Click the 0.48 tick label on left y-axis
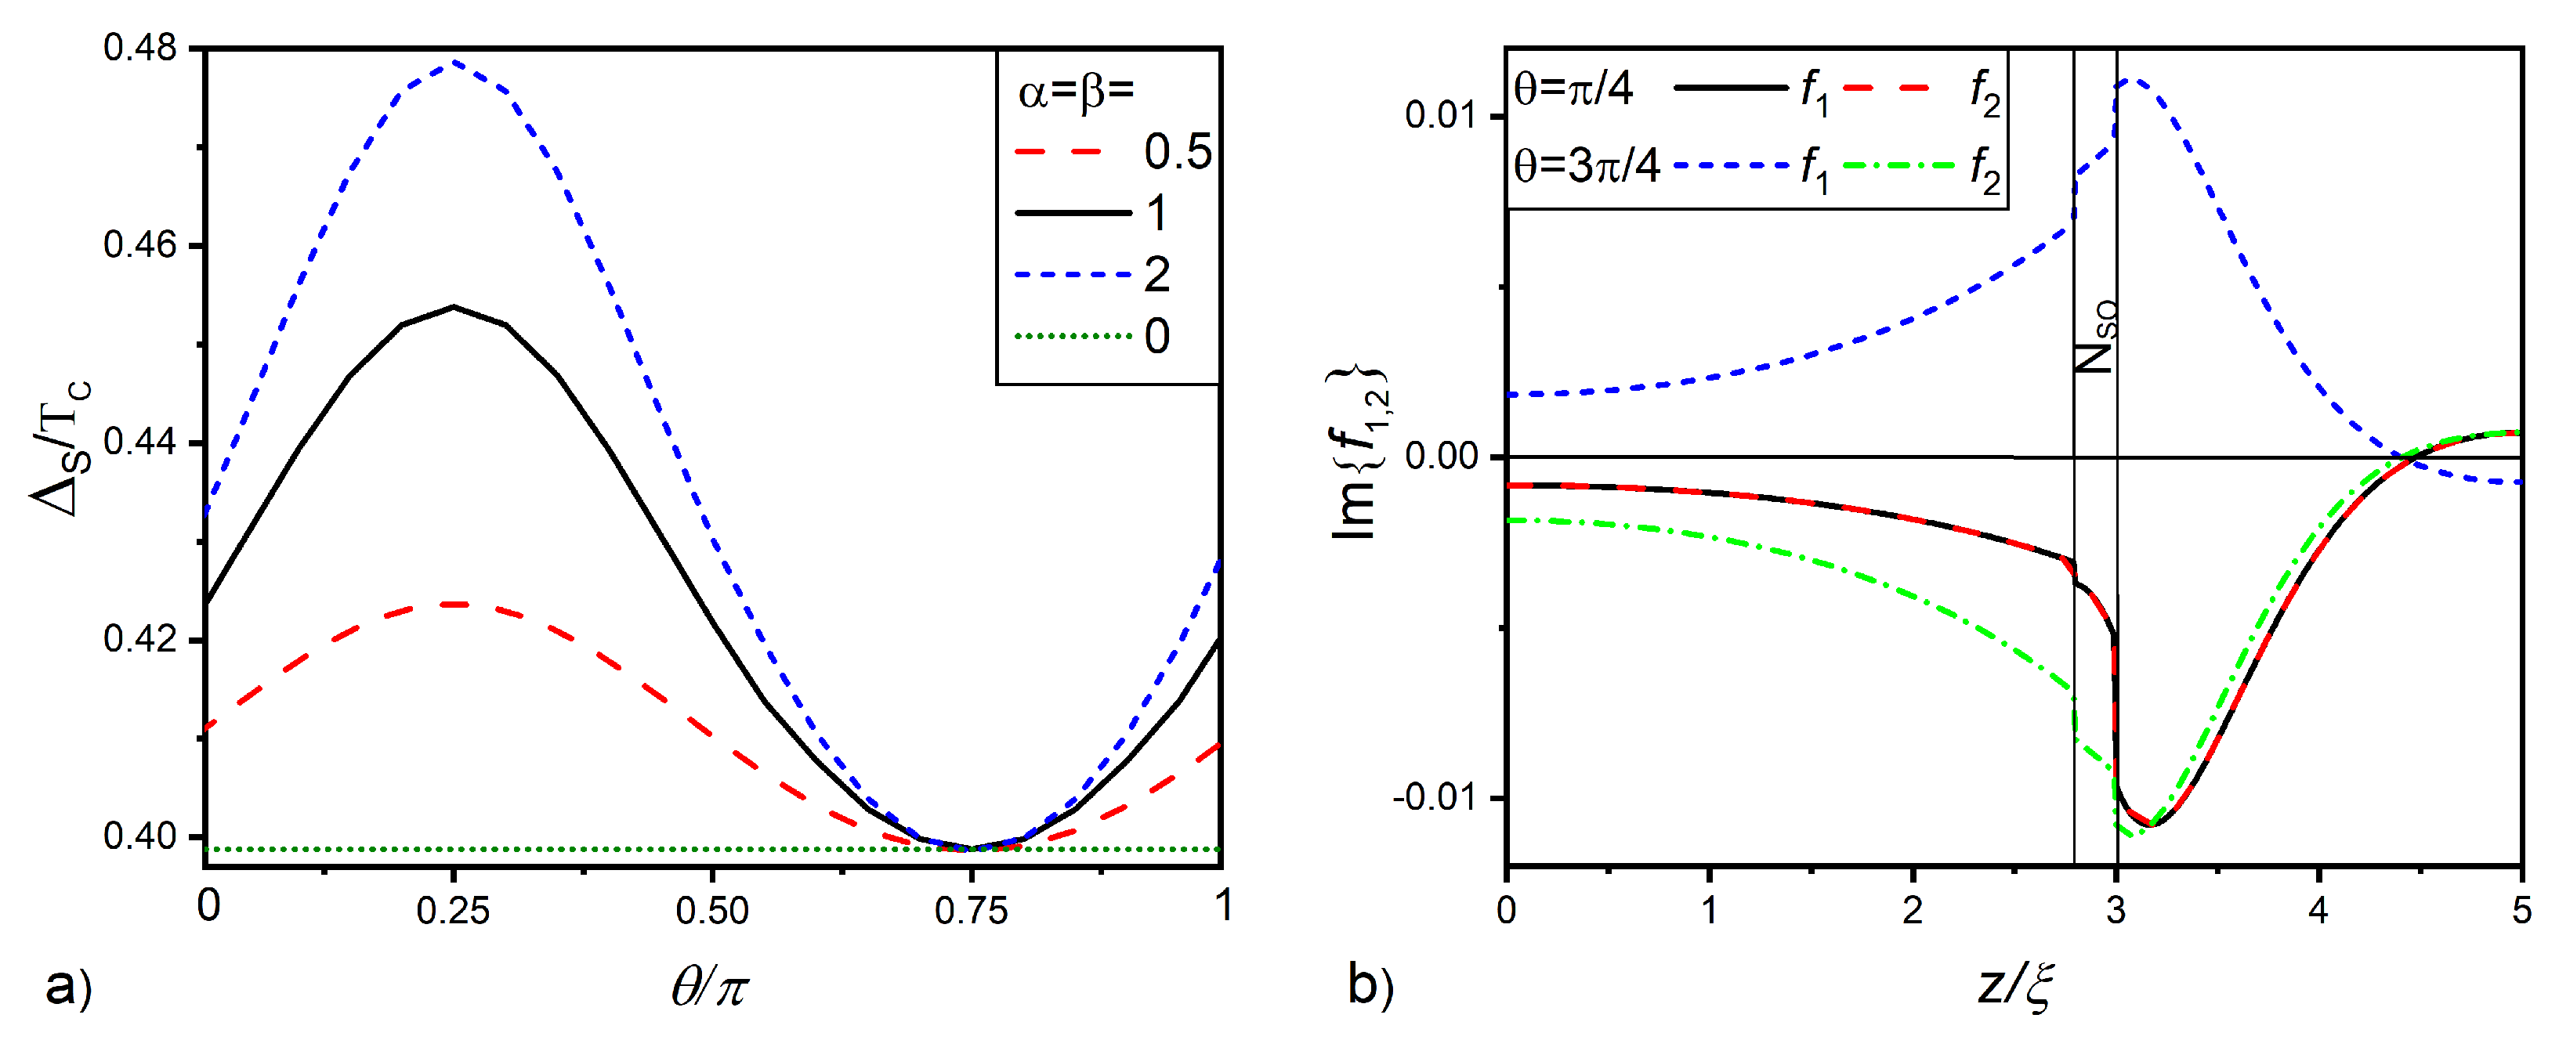pyautogui.click(x=139, y=47)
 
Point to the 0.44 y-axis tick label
pyautogui.click(x=139, y=441)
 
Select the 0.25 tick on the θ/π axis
pyautogui.click(x=453, y=910)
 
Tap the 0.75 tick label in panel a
pyautogui.click(x=971, y=910)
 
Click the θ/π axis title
pyautogui.click(x=708, y=988)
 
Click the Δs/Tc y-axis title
pyautogui.click(x=62, y=447)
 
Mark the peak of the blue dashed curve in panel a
pyautogui.click(x=453, y=62)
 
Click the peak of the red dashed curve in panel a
pyautogui.click(x=453, y=604)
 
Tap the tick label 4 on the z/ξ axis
pyautogui.click(x=2318, y=910)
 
